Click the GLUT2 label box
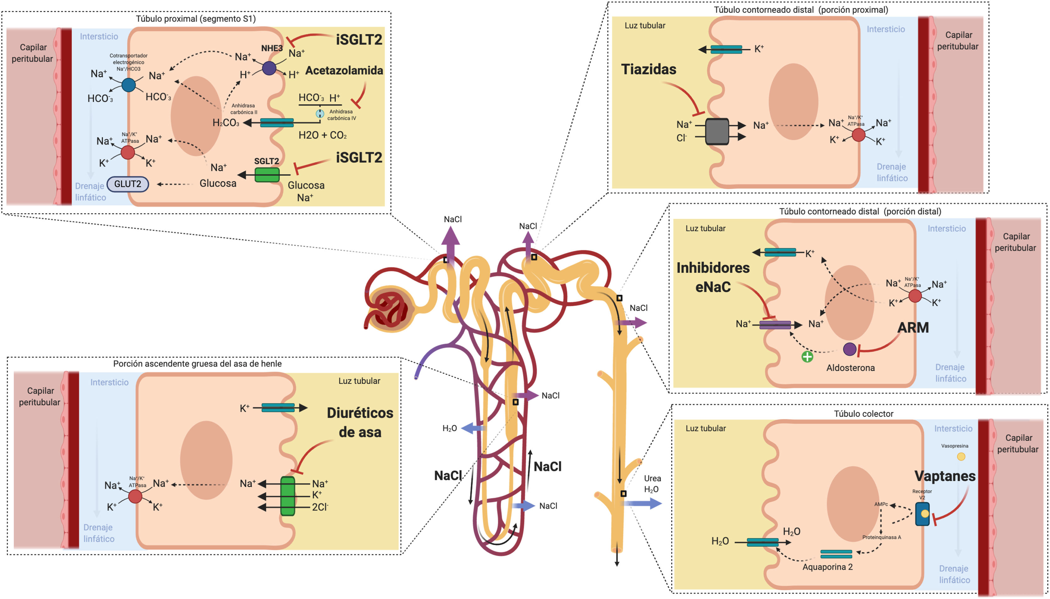128,184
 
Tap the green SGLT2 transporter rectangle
267,175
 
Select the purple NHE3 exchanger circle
269,68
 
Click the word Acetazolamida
344,70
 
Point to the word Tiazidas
649,69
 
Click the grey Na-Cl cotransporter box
717,132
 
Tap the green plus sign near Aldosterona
807,357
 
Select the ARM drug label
913,327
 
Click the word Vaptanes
945,476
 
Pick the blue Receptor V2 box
922,514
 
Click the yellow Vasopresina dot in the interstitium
961,456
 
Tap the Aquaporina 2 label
827,567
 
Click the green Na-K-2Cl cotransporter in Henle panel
288,496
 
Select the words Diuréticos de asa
360,422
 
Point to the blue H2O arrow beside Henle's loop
473,428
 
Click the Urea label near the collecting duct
652,478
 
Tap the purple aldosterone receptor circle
850,349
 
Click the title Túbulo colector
863,414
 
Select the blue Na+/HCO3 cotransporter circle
129,85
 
